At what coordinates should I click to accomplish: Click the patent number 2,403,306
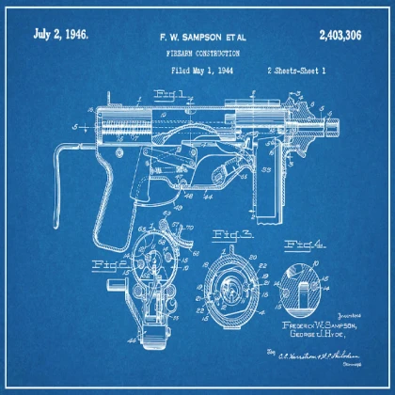click(346, 35)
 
